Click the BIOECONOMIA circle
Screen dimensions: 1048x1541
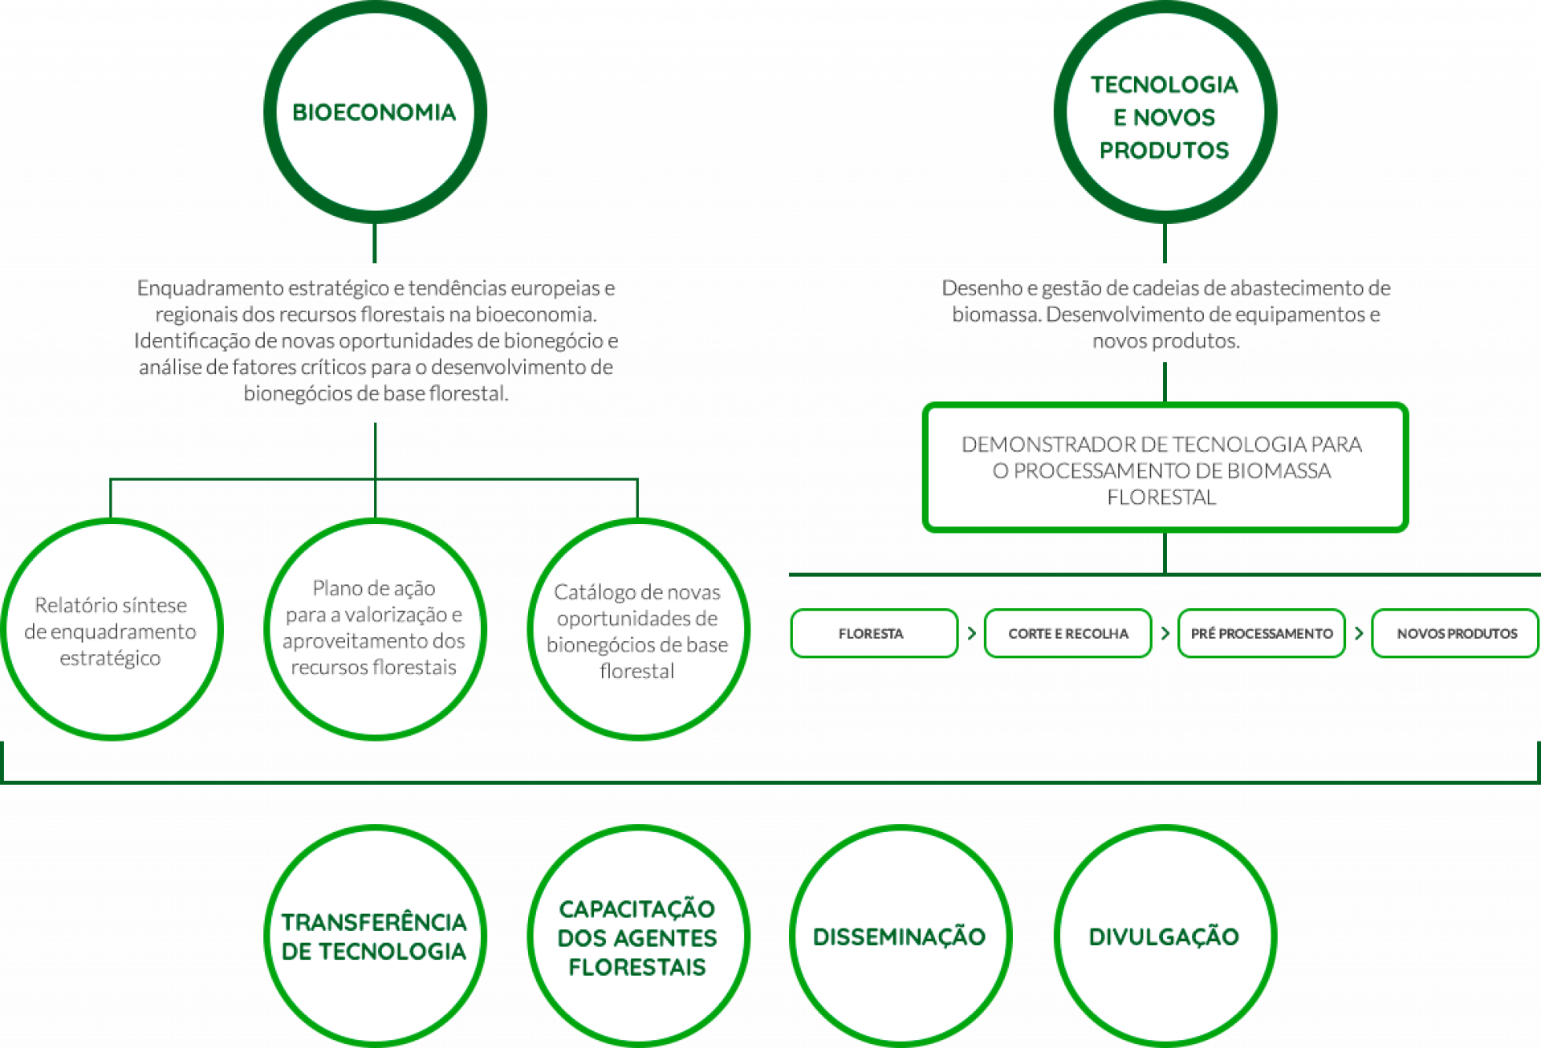coord(375,112)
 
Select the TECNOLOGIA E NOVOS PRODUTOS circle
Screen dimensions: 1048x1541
coord(1165,112)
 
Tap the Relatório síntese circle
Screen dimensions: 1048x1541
coord(111,630)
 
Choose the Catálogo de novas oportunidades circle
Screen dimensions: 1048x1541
coord(638,630)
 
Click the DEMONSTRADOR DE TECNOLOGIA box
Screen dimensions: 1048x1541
coord(1165,469)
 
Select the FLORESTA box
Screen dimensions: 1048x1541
coord(874,633)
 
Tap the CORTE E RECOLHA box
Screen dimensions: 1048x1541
coord(1067,633)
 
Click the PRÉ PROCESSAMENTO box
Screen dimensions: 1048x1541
coord(1262,633)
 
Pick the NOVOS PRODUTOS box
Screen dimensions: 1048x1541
coord(1455,633)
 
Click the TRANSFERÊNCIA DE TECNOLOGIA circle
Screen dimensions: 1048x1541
coord(375,936)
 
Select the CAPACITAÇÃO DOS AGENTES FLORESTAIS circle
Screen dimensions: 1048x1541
coord(638,936)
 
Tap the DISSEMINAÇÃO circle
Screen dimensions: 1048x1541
coord(900,936)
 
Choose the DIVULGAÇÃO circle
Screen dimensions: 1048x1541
coord(1165,936)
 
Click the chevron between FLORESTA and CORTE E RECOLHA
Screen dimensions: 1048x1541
coord(972,633)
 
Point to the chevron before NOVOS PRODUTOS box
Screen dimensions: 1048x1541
coord(1359,633)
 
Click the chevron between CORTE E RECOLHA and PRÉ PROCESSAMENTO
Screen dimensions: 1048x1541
coord(1165,633)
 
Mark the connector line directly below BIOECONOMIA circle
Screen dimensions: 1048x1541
coord(375,243)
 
